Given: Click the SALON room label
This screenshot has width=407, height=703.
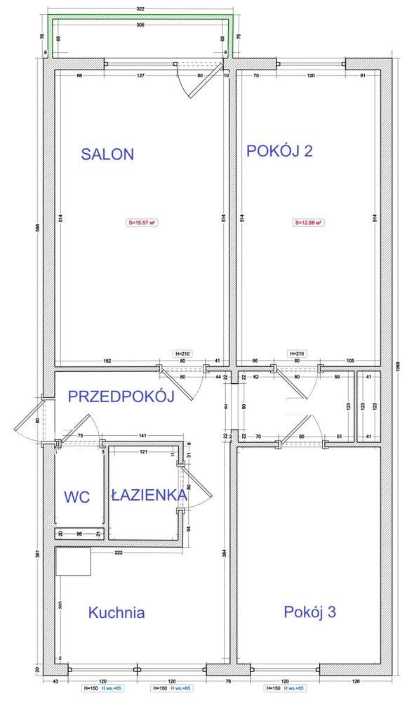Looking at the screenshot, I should [107, 155].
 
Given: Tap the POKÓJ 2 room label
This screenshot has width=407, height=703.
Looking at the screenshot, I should [279, 151].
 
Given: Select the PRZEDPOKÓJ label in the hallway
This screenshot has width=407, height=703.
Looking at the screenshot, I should [121, 396].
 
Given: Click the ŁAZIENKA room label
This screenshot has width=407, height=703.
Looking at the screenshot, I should [149, 495].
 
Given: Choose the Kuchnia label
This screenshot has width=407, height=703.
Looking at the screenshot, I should [116, 612].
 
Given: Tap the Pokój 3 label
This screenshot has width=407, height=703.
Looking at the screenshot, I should [309, 612].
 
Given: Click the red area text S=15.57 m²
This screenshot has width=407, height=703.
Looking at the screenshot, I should [141, 223].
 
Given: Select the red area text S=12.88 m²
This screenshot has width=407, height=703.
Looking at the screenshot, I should [308, 223].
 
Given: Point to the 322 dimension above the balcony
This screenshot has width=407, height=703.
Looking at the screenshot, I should [140, 8].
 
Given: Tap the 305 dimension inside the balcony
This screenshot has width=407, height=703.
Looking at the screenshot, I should [140, 25].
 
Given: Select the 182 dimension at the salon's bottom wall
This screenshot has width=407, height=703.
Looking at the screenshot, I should [107, 361].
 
